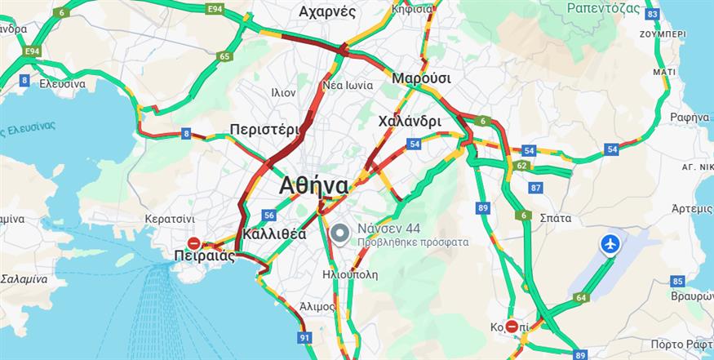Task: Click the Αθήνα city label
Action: click(313, 185)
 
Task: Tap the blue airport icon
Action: click(610, 243)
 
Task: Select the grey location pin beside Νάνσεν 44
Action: click(341, 235)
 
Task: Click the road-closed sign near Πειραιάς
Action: click(194, 243)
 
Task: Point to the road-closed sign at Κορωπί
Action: click(512, 327)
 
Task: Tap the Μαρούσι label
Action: click(421, 78)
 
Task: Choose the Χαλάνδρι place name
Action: click(410, 122)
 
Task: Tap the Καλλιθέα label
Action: click(274, 234)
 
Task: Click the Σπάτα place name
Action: click(555, 218)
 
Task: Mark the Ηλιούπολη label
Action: click(350, 274)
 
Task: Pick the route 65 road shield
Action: click(224, 56)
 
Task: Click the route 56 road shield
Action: click(268, 215)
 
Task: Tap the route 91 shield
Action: click(304, 337)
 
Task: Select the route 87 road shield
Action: click(535, 188)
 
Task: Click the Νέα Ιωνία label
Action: click(348, 85)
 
